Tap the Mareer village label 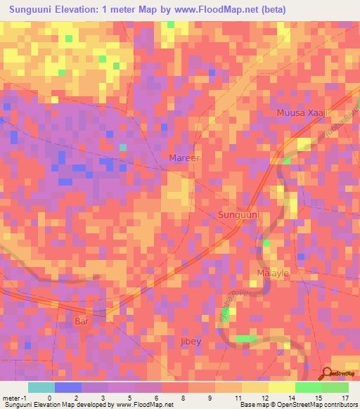(x=184, y=158)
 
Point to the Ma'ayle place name (x=274, y=273)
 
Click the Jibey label (x=189, y=342)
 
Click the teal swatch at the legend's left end (x=41, y=387)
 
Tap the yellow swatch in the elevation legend (x=281, y=387)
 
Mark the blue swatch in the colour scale (x=67, y=387)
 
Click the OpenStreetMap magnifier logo (x=327, y=375)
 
